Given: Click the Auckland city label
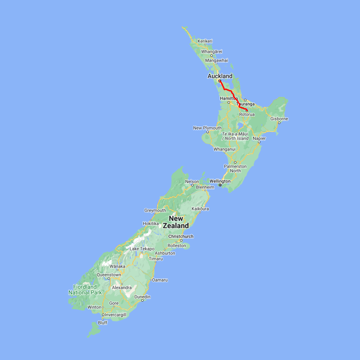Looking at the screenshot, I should coord(220,76).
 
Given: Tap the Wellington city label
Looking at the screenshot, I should coord(220,181).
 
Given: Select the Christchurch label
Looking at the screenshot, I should coord(180,236).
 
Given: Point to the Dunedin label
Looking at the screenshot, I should coord(142,297).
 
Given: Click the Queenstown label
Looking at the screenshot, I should coord(108,275).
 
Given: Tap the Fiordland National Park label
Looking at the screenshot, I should coord(85,290).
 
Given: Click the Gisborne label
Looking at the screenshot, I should coord(279,119).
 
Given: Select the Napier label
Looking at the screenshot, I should coord(259,138).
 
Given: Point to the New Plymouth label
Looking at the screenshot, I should coord(207,128).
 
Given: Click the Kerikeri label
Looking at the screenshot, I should coord(205,41).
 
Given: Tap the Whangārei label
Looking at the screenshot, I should coord(212,52).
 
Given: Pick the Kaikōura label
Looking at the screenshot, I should coord(200,209).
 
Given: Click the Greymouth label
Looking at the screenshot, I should coord(155,210).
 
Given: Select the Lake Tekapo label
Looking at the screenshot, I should coord(142,249).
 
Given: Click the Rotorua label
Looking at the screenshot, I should coord(246,114).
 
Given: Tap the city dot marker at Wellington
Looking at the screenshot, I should coord(220,185).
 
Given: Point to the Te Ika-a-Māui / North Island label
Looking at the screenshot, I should coord(235,136).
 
